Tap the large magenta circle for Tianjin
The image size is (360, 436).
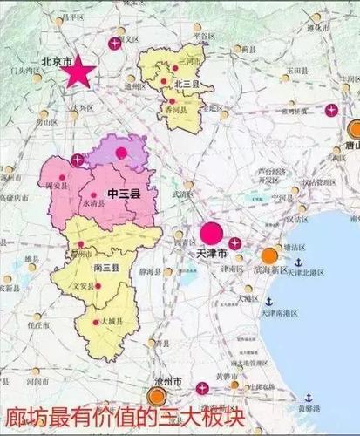click(211, 233)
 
